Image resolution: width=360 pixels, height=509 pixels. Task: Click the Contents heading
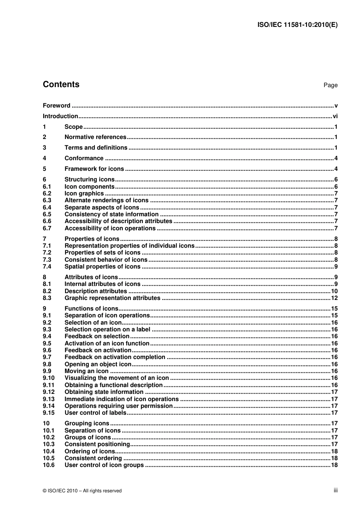click(x=61, y=84)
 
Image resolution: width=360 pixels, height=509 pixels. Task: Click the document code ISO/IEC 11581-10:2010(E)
click(x=297, y=25)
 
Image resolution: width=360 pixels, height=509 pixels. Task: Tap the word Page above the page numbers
click(x=330, y=85)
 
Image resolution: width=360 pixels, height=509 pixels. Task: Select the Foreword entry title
click(x=56, y=106)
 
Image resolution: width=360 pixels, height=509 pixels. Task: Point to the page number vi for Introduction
click(x=335, y=116)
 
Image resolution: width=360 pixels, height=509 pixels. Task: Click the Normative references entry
click(x=95, y=137)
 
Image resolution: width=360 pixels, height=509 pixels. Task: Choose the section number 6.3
click(x=47, y=200)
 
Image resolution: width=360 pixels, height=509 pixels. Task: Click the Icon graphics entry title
click(x=84, y=194)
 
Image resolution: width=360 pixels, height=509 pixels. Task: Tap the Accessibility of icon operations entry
click(x=110, y=228)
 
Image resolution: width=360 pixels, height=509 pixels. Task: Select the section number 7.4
click(x=47, y=267)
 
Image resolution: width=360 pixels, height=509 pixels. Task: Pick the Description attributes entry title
click(x=95, y=291)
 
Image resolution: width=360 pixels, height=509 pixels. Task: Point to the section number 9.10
click(x=49, y=378)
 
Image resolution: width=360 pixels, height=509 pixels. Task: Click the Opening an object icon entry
click(x=98, y=364)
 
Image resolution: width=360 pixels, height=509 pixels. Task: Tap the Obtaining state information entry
click(x=104, y=392)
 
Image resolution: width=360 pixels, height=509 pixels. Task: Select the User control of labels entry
click(x=95, y=413)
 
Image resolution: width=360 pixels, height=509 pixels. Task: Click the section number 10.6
click(x=49, y=465)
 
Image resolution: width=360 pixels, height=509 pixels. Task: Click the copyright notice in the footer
click(x=82, y=491)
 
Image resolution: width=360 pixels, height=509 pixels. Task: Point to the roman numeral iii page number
click(x=335, y=490)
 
